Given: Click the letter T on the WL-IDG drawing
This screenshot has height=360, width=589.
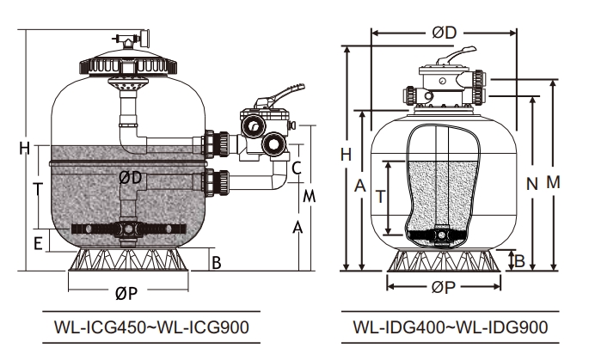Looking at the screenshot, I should point(380,196).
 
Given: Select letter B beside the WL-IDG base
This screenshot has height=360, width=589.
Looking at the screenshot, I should point(518,259).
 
